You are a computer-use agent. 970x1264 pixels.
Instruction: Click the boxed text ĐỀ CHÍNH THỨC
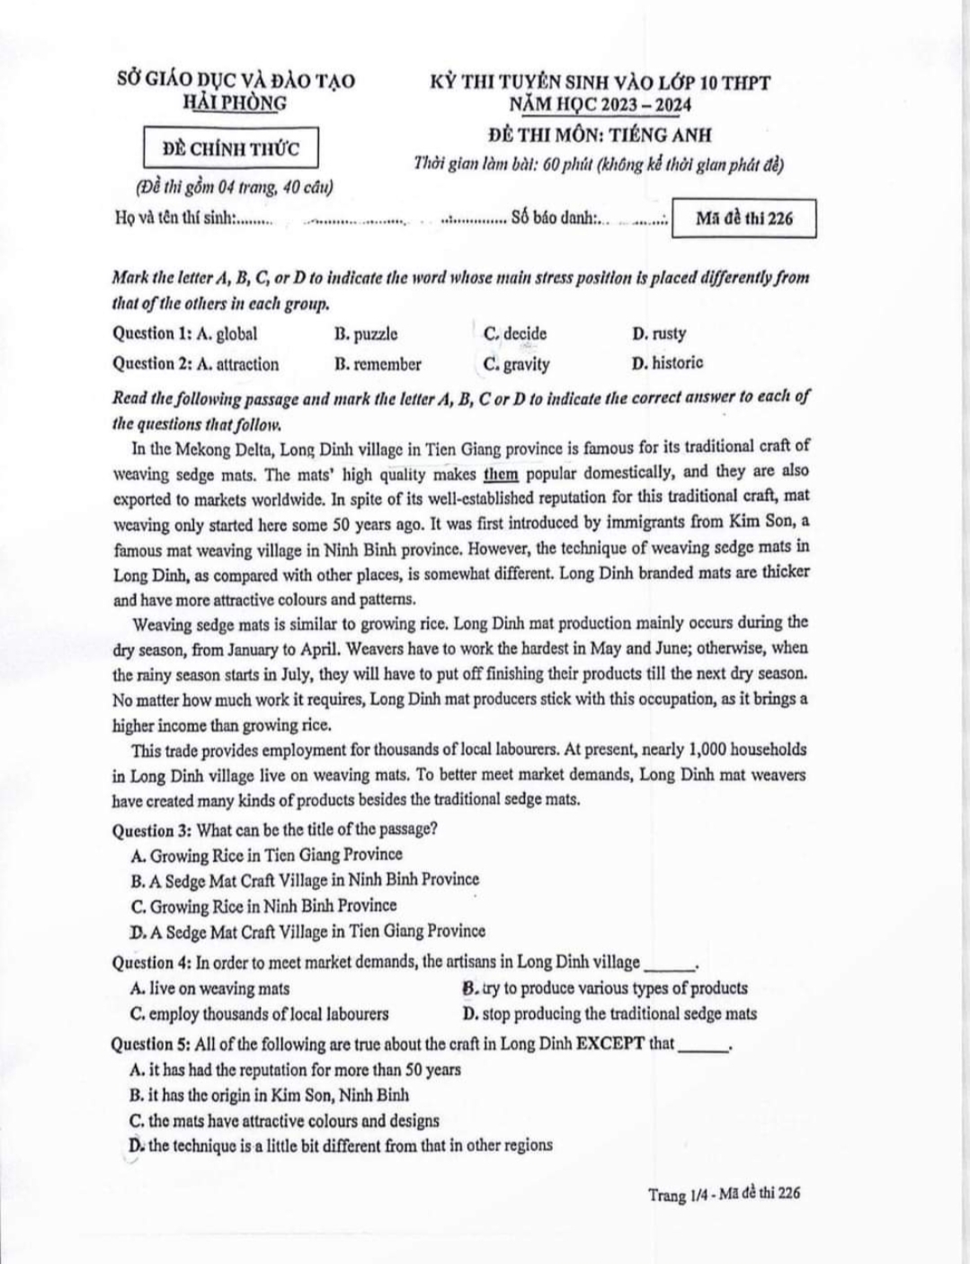point(231,149)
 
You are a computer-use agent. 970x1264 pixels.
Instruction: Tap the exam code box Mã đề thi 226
point(744,218)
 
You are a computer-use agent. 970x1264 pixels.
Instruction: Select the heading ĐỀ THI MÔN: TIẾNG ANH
point(600,135)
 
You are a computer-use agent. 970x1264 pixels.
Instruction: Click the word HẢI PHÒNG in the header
point(236,102)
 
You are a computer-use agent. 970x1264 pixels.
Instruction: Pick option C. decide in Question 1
point(514,334)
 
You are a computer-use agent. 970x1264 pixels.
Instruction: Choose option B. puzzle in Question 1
point(366,334)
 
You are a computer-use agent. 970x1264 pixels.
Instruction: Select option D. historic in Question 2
point(667,363)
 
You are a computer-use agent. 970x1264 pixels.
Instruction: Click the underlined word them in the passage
point(501,473)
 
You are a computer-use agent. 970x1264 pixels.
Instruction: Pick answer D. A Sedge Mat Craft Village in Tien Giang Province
point(307,931)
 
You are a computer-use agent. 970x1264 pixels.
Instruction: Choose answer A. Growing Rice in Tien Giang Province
point(266,855)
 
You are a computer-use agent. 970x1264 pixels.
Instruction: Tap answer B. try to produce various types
point(605,988)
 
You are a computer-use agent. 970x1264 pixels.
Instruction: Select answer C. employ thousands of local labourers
point(260,1014)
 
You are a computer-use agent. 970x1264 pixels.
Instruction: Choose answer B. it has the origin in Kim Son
point(269,1095)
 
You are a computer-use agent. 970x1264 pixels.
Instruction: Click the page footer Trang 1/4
point(679,1195)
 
